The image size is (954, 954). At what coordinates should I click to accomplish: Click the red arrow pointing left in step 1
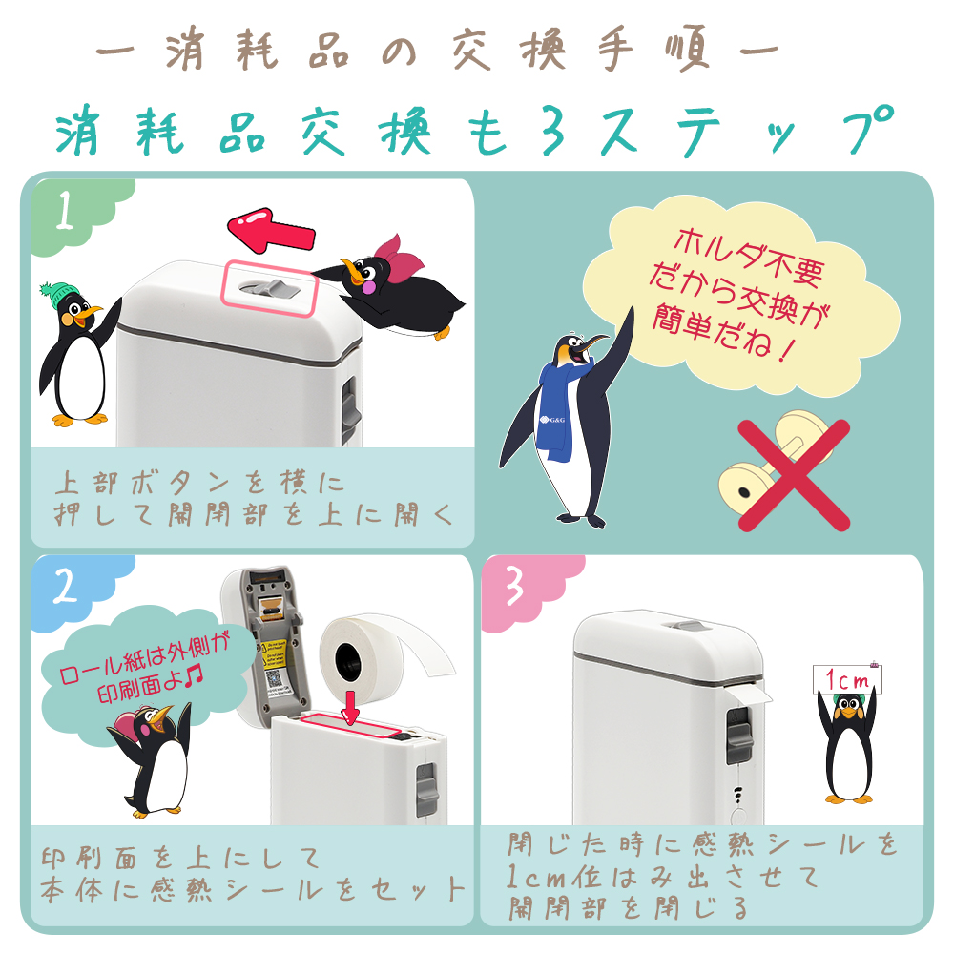(x=271, y=231)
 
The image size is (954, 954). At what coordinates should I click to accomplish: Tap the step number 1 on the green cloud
(x=65, y=210)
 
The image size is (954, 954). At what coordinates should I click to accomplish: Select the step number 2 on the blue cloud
(x=66, y=587)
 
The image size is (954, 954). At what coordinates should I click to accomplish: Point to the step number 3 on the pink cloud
(x=514, y=587)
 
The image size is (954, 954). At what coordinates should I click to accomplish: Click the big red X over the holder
(x=794, y=475)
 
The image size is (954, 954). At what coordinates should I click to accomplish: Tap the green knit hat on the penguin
(x=58, y=294)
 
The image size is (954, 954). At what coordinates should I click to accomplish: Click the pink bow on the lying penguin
(x=398, y=259)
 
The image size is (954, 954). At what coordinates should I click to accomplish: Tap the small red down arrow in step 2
(x=350, y=707)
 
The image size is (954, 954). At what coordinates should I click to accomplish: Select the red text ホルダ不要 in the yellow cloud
(x=750, y=258)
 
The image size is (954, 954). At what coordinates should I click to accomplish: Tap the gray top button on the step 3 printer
(x=689, y=627)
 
